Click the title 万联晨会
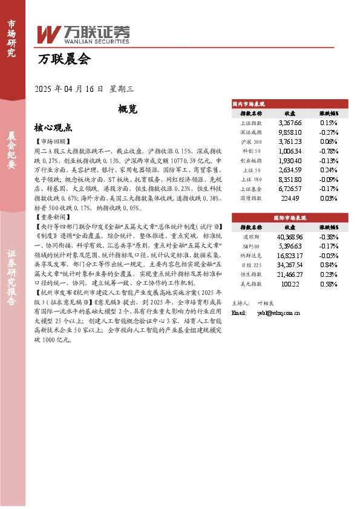64,59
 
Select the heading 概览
128,109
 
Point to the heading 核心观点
53,128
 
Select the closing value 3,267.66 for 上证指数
290,122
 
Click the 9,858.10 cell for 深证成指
290,132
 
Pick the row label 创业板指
251,161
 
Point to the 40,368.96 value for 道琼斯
290,238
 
